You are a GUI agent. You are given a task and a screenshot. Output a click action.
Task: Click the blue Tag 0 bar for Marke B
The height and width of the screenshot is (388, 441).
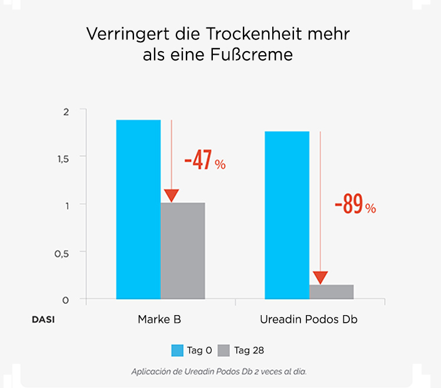tap(138, 209)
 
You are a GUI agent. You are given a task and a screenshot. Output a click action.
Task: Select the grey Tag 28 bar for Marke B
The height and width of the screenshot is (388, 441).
tap(183, 251)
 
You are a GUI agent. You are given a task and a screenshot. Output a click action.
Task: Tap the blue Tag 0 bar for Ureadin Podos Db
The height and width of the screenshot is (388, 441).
tap(287, 215)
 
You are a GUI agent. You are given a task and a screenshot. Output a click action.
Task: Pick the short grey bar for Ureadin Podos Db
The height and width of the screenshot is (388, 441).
tap(332, 292)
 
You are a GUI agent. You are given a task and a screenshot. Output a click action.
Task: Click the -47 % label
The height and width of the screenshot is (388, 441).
tap(205, 162)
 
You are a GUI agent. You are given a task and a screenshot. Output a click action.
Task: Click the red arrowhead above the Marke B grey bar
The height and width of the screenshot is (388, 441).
tap(171, 196)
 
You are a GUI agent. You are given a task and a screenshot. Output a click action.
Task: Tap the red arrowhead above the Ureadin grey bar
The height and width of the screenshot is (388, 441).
tap(320, 277)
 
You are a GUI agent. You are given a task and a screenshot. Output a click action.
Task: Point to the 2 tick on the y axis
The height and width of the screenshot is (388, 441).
tap(66, 111)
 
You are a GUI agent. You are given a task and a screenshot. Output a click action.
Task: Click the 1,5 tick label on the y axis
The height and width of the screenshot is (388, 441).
tap(62, 158)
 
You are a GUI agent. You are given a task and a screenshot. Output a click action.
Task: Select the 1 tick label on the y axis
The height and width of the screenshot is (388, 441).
tap(66, 205)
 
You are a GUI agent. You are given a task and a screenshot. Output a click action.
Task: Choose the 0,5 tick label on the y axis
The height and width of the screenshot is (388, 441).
tap(62, 252)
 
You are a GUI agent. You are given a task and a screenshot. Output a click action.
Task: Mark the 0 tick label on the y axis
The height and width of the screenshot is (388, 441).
tap(66, 300)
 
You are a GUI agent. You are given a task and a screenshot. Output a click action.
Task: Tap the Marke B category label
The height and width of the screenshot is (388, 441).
tap(159, 320)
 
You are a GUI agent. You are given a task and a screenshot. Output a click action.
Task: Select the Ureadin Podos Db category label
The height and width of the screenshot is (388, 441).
tap(308, 320)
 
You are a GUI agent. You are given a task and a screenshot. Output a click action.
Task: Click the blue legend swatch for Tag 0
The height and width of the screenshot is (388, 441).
tap(178, 351)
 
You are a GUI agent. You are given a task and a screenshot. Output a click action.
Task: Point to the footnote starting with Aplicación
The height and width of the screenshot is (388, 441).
tap(219, 372)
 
